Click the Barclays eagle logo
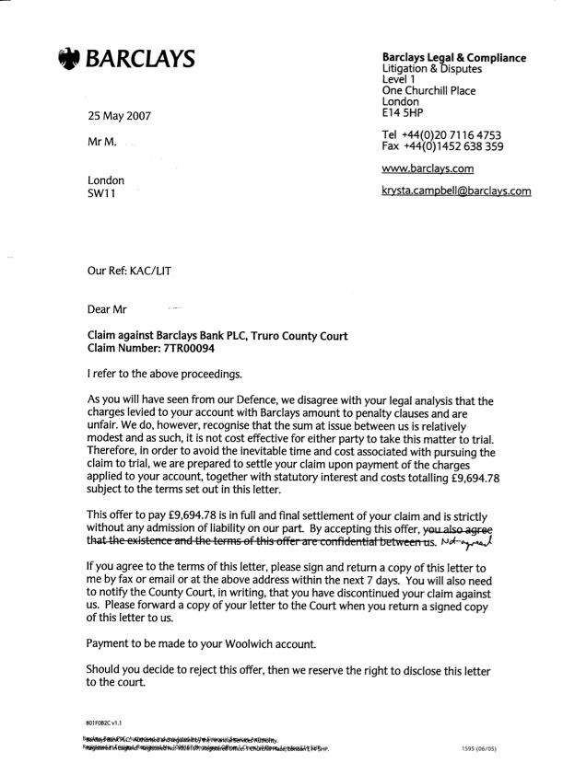point(69,60)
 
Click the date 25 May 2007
point(119,117)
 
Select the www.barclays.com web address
point(428,168)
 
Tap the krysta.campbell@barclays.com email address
point(456,191)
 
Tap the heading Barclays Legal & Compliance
point(453,58)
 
